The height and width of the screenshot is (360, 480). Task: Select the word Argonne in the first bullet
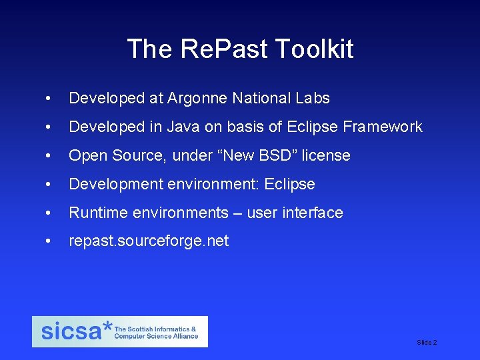click(197, 99)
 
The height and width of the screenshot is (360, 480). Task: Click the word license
click(325, 155)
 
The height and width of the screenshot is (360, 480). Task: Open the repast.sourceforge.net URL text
click(149, 241)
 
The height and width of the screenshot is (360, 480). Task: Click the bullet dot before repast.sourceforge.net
click(46, 241)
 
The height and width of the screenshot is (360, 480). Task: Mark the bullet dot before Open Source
click(46, 155)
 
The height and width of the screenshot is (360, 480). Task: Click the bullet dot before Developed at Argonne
click(46, 99)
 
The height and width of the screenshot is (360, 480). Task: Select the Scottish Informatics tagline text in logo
click(157, 333)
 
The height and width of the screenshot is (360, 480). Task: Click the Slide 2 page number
click(427, 343)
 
